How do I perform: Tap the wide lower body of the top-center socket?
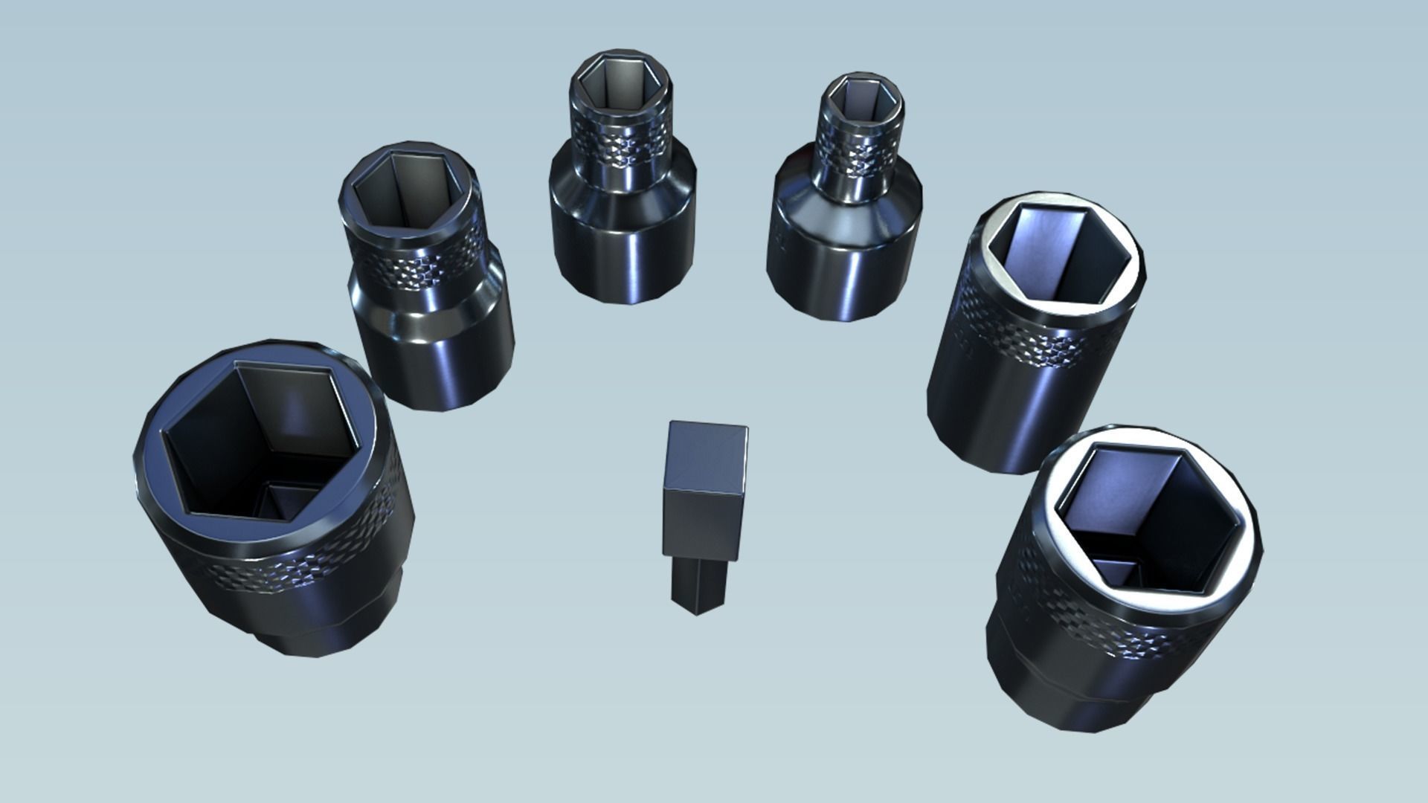tap(623, 245)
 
